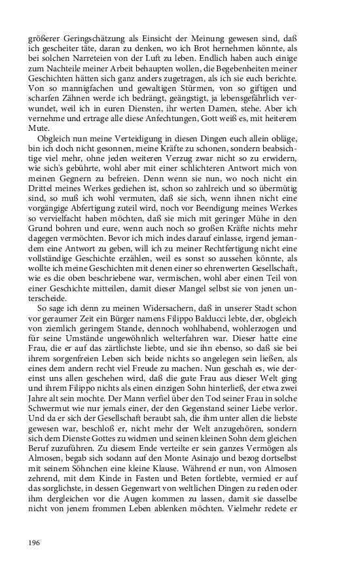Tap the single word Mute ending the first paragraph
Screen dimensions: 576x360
click(39, 130)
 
